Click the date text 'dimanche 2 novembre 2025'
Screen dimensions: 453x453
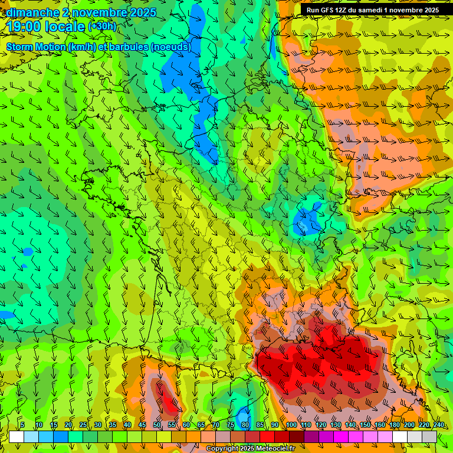(81, 12)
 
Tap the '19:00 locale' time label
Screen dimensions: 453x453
(46, 27)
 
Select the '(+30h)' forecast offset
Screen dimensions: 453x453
(102, 27)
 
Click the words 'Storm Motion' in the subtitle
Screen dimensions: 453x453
(36, 47)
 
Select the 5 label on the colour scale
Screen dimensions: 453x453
(22, 425)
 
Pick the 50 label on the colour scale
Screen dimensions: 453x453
(156, 425)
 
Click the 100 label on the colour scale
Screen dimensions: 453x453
(291, 425)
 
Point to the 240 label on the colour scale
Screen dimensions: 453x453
(438, 425)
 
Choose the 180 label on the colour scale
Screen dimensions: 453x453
(394, 425)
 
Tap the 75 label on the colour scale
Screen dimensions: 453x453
(230, 425)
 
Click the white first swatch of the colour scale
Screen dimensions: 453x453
(16, 436)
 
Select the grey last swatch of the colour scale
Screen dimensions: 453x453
(429, 436)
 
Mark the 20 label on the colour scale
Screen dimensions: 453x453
(68, 425)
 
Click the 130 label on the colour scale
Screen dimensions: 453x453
(335, 425)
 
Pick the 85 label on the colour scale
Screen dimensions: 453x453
(260, 425)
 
